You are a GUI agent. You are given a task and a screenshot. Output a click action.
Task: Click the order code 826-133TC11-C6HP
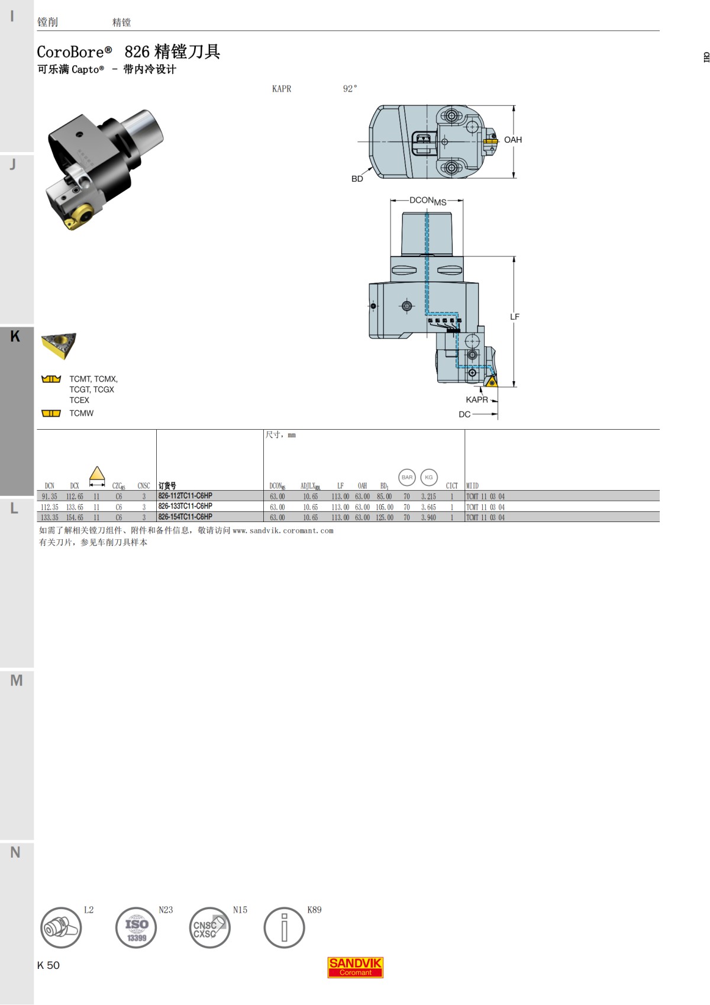pyautogui.click(x=185, y=507)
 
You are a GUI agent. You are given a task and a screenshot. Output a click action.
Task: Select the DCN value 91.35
pyautogui.click(x=50, y=497)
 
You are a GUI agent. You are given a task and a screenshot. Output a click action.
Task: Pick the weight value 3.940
pyautogui.click(x=428, y=517)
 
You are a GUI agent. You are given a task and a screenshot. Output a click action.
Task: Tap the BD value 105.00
pyautogui.click(x=385, y=507)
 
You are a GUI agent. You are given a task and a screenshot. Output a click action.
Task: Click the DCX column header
pyautogui.click(x=75, y=486)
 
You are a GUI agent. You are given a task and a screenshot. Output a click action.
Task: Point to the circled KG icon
pyautogui.click(x=429, y=477)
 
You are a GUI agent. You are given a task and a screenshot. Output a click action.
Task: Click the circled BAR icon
pyautogui.click(x=407, y=477)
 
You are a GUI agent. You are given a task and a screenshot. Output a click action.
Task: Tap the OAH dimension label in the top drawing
pyautogui.click(x=512, y=140)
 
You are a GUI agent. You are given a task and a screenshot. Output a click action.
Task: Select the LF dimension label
pyautogui.click(x=515, y=317)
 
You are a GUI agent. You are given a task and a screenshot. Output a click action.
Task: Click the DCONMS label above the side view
pyautogui.click(x=427, y=201)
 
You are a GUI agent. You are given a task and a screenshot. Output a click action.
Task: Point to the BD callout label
pyautogui.click(x=357, y=179)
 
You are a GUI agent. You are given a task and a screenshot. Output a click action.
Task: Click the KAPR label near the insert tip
pyautogui.click(x=476, y=400)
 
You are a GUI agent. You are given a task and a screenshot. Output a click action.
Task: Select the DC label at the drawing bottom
pyautogui.click(x=464, y=414)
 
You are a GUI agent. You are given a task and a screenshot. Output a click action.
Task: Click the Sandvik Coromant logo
pyautogui.click(x=356, y=967)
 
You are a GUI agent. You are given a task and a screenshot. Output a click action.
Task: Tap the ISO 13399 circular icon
pyautogui.click(x=136, y=927)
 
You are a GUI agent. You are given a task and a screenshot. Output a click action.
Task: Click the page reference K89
pyautogui.click(x=314, y=910)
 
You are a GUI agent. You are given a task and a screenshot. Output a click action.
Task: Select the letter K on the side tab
pyautogui.click(x=15, y=336)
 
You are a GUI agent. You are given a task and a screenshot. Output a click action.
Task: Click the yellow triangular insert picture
pyautogui.click(x=59, y=345)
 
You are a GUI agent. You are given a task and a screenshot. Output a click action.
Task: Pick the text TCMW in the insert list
pyautogui.click(x=81, y=413)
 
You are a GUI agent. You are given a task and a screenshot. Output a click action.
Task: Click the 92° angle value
pyautogui.click(x=350, y=89)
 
